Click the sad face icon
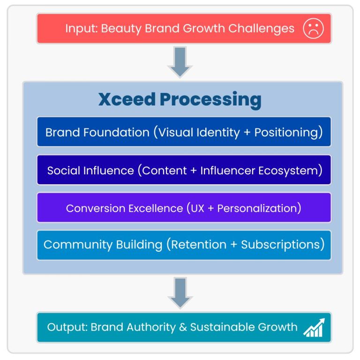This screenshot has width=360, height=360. (x=313, y=28)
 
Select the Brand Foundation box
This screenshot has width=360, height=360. (x=184, y=132)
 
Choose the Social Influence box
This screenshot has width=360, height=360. (x=184, y=170)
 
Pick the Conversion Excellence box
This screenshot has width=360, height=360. (x=184, y=208)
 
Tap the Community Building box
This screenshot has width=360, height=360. (x=184, y=245)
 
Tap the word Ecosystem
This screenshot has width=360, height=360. (x=293, y=170)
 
